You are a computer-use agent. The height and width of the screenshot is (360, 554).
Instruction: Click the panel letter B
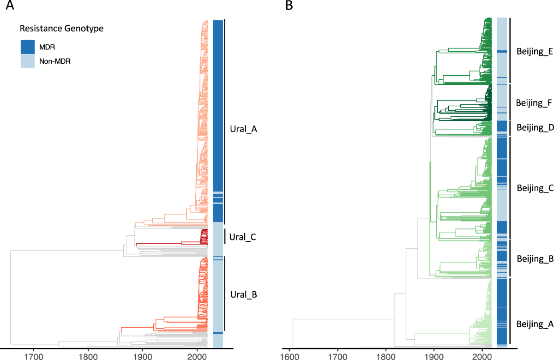(289, 6)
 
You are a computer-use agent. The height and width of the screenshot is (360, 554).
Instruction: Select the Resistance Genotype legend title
(61, 29)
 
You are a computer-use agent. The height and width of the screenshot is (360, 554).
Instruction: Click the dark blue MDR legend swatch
(28, 47)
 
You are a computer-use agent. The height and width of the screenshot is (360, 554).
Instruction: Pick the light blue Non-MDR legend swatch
(28, 60)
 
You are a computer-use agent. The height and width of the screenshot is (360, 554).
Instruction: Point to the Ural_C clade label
(242, 238)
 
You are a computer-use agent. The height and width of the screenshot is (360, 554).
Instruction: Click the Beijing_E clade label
(535, 52)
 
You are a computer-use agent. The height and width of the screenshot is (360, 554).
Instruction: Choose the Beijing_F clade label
(534, 102)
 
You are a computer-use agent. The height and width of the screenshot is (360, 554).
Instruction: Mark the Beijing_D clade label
(535, 127)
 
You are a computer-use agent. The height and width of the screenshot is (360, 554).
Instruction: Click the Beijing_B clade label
(535, 258)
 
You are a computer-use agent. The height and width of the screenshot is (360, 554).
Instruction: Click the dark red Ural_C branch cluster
(203, 237)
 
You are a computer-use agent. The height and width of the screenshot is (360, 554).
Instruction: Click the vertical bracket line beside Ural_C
(224, 236)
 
